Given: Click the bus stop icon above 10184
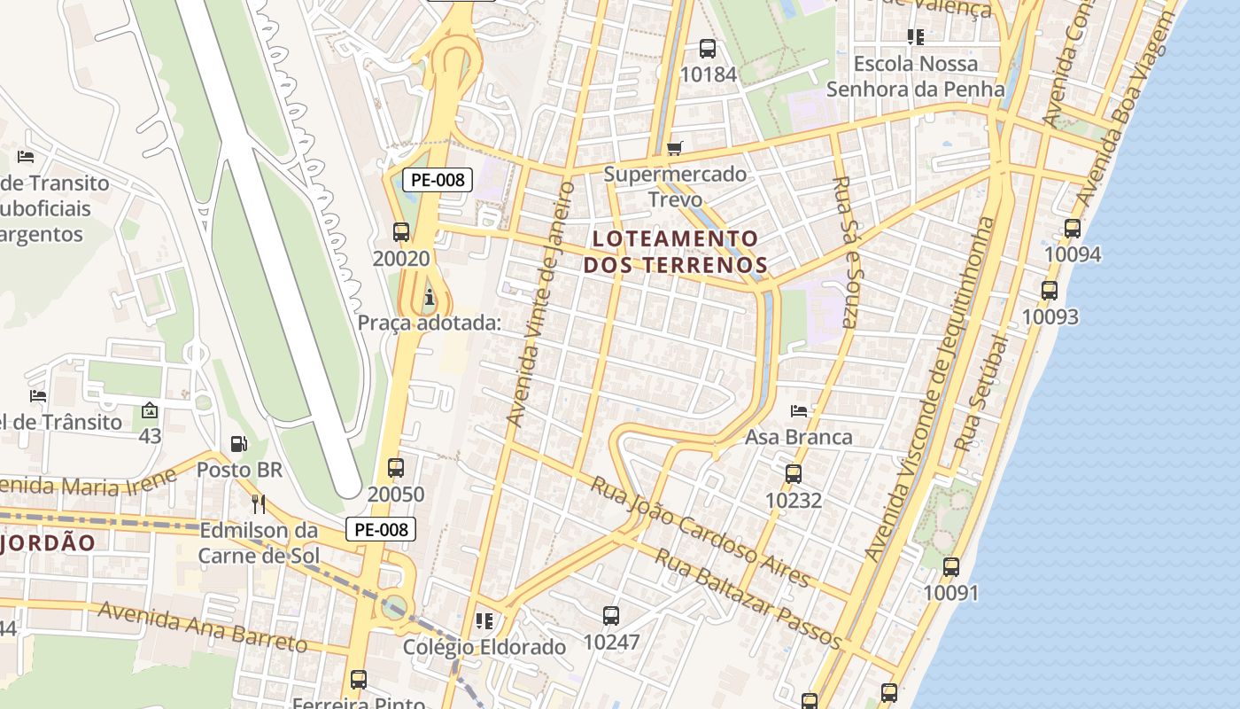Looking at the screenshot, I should [707, 48].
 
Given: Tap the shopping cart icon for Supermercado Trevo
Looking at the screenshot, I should [675, 148].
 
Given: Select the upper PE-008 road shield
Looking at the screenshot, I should [438, 180].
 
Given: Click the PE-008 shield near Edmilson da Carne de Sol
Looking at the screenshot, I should [380, 530].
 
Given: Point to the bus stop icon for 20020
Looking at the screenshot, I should [400, 232].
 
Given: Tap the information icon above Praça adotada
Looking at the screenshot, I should [430, 296].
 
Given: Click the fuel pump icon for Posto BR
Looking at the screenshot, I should [238, 443].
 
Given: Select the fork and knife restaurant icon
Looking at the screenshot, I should [259, 503].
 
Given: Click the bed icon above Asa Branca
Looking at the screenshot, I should [798, 411].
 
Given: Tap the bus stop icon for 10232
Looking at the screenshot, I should [793, 474].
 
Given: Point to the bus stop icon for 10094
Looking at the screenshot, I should [1073, 229].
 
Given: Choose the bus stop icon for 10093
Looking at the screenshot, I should [1050, 290].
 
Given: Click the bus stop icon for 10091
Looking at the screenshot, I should [951, 566].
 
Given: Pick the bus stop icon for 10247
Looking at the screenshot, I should [610, 615].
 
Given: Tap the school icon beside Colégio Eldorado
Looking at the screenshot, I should [484, 620].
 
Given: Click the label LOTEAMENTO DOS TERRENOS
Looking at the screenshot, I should [675, 251].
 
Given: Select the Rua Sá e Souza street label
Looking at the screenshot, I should [845, 253].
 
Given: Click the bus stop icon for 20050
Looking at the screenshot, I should [396, 467].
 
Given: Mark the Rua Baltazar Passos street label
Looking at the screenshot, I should [748, 599].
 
